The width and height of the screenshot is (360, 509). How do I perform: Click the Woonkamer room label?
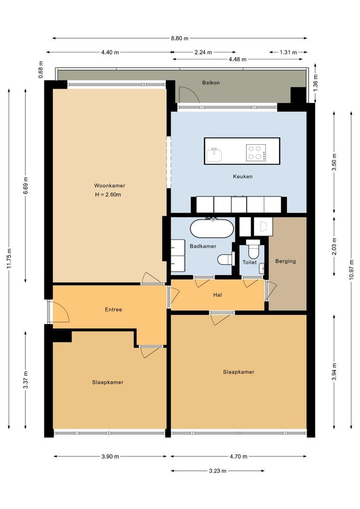pyautogui.click(x=109, y=186)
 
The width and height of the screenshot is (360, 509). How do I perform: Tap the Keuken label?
pyautogui.click(x=243, y=177)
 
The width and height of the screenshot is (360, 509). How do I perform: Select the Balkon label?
pyautogui.click(x=211, y=83)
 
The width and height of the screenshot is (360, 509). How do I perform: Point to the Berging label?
pyautogui.click(x=286, y=261)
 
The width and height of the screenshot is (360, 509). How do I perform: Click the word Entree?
pyautogui.click(x=113, y=310)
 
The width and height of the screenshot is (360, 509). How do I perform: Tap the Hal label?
pyautogui.click(x=218, y=295)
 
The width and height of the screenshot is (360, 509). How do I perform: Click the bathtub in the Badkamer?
pyautogui.click(x=212, y=229)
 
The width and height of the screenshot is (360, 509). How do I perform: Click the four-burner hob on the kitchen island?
pyautogui.click(x=256, y=153)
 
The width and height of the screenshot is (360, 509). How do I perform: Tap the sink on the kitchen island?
pyautogui.click(x=214, y=155)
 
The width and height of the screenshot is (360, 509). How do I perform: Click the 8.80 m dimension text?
pyautogui.click(x=180, y=38)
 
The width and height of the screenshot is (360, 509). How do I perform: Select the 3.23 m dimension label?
pyautogui.click(x=218, y=471)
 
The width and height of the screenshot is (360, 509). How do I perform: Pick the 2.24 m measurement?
pyautogui.click(x=203, y=52)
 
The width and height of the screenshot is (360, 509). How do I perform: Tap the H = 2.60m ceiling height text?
pyautogui.click(x=108, y=195)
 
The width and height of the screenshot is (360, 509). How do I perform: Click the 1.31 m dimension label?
pyautogui.click(x=288, y=52)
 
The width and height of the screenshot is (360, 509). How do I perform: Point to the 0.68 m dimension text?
pyautogui.click(x=41, y=70)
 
